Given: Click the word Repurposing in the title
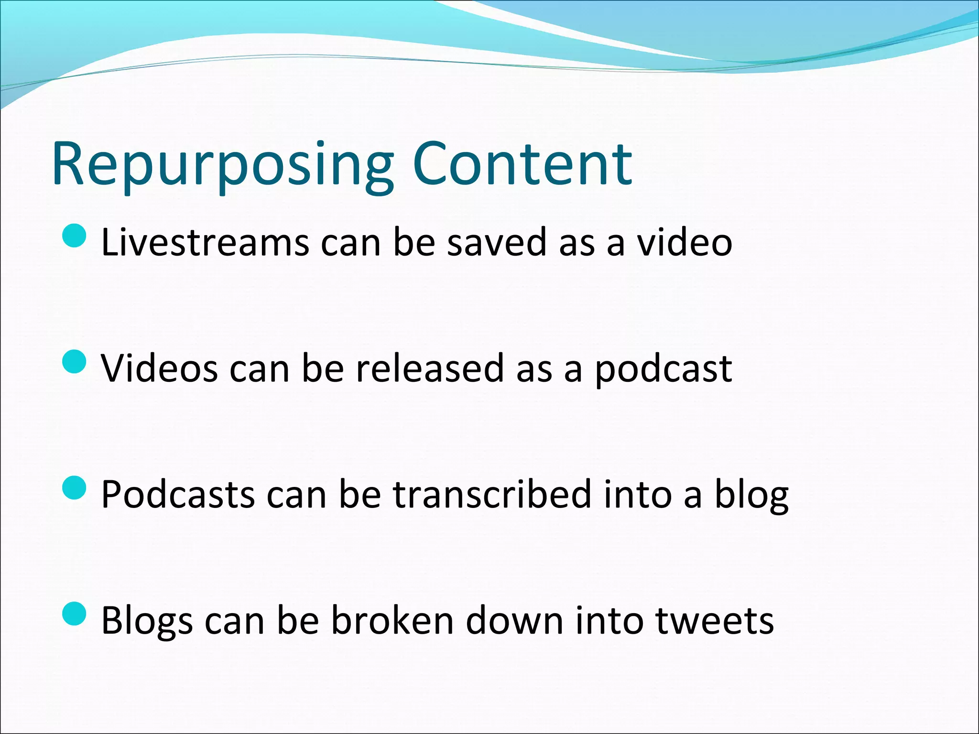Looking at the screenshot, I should pyautogui.click(x=222, y=165).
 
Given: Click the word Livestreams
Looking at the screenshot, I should pyautogui.click(x=205, y=242).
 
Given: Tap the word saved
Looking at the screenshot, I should pyautogui.click(x=496, y=242).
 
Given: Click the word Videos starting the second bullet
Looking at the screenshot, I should pyautogui.click(x=160, y=368).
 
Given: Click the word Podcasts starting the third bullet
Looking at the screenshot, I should pyautogui.click(x=178, y=494).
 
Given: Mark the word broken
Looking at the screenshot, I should pyautogui.click(x=392, y=620).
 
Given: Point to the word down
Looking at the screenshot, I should pyautogui.click(x=514, y=620).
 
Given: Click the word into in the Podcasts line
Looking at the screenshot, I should pyautogui.click(x=637, y=494).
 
